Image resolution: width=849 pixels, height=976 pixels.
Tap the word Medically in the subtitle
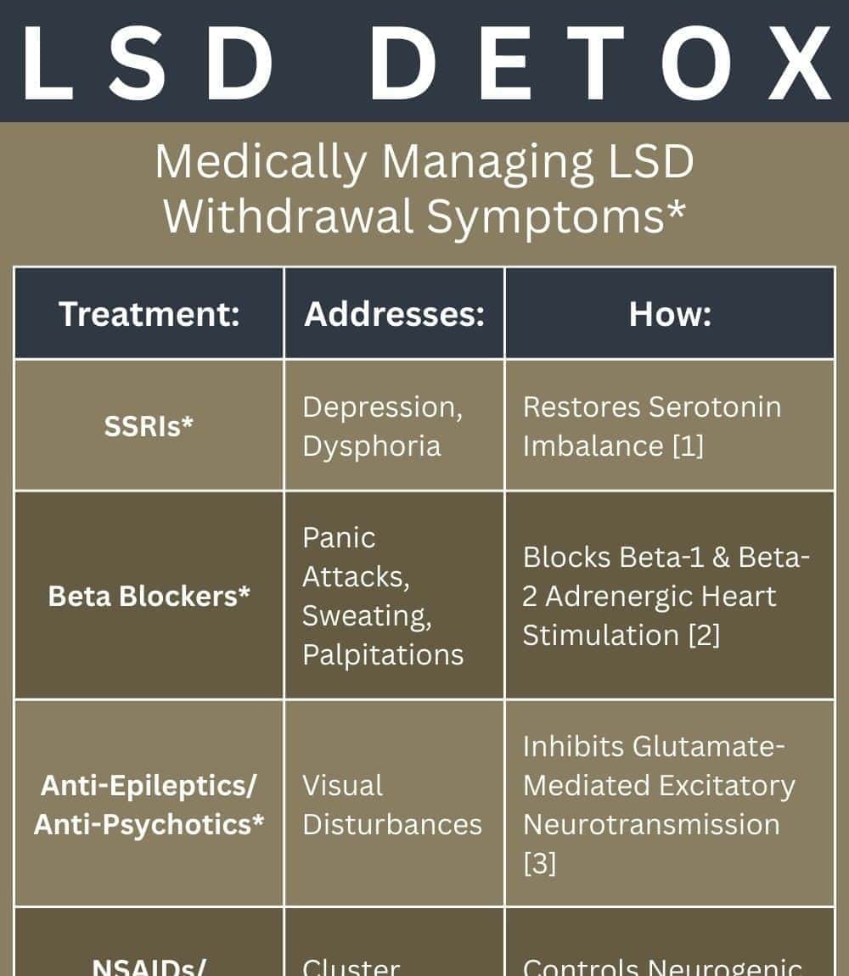tap(261, 161)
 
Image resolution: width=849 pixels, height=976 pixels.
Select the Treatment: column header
tap(149, 314)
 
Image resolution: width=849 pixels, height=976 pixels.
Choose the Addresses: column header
tap(394, 314)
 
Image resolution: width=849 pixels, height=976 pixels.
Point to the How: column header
tap(670, 314)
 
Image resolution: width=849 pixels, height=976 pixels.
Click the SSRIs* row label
tap(149, 426)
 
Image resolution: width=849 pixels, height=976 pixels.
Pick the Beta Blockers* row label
tap(149, 596)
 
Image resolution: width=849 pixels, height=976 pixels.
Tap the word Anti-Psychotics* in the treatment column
tap(149, 824)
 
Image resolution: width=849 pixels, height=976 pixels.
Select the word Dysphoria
tap(372, 446)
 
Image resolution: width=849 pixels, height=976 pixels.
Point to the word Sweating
tap(367, 615)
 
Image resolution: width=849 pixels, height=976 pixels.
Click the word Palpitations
tap(383, 654)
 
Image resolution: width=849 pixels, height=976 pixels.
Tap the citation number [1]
tap(687, 446)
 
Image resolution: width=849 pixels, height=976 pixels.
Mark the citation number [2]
tap(703, 635)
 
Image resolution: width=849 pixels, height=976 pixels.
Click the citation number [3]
tap(539, 863)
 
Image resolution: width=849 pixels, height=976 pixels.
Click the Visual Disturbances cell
tap(392, 805)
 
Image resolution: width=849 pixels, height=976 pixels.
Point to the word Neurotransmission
tap(651, 824)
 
